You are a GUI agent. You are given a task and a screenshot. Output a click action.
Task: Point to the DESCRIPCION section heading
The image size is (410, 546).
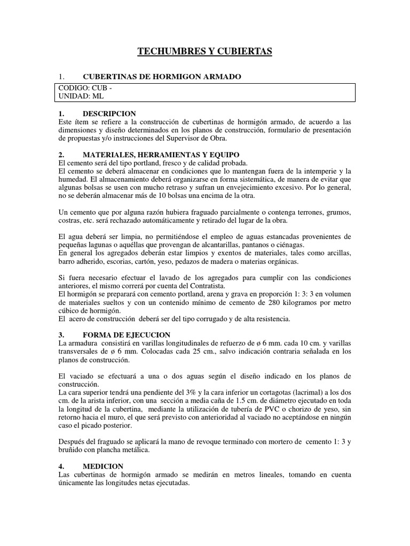click(x=109, y=114)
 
